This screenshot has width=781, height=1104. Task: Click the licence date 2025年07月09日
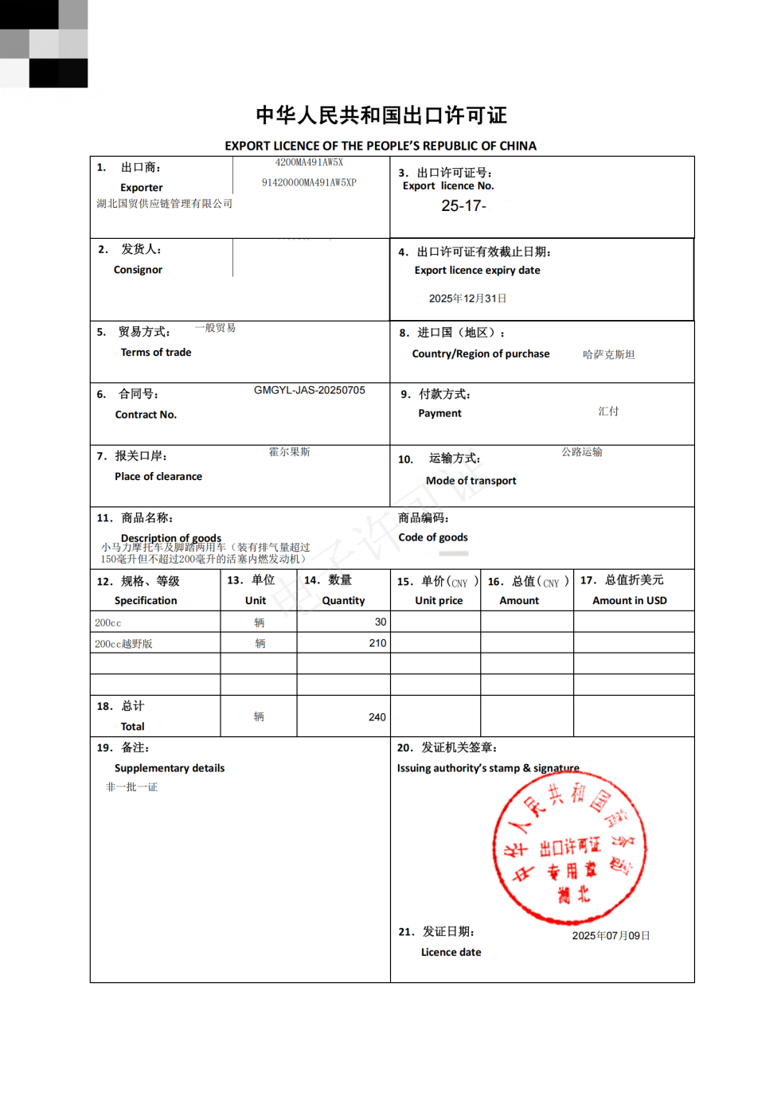point(611,935)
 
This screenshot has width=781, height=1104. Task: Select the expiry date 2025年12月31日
point(467,298)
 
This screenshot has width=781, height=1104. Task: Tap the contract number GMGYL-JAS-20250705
point(309,390)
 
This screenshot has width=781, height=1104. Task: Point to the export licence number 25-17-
point(463,206)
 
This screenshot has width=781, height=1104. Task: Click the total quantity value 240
point(377,717)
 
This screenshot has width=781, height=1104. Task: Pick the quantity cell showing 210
point(377,643)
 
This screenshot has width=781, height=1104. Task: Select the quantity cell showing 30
point(380,622)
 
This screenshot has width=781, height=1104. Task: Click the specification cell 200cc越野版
point(123,644)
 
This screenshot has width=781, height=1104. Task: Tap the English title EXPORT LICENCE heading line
point(381,146)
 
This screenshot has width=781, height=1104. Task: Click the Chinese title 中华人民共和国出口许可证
point(381,115)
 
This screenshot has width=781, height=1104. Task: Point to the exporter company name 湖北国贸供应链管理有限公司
point(165,204)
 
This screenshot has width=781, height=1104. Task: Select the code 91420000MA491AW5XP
point(309,182)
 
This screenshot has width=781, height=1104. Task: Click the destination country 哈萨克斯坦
point(608,354)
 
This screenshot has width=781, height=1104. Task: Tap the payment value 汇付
point(608,412)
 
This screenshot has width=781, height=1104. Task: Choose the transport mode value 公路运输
point(582,452)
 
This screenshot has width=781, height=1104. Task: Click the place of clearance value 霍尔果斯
point(289,452)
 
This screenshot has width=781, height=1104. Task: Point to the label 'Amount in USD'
point(629,601)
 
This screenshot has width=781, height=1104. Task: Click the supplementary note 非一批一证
point(131,787)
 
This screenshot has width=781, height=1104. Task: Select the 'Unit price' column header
point(439,601)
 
